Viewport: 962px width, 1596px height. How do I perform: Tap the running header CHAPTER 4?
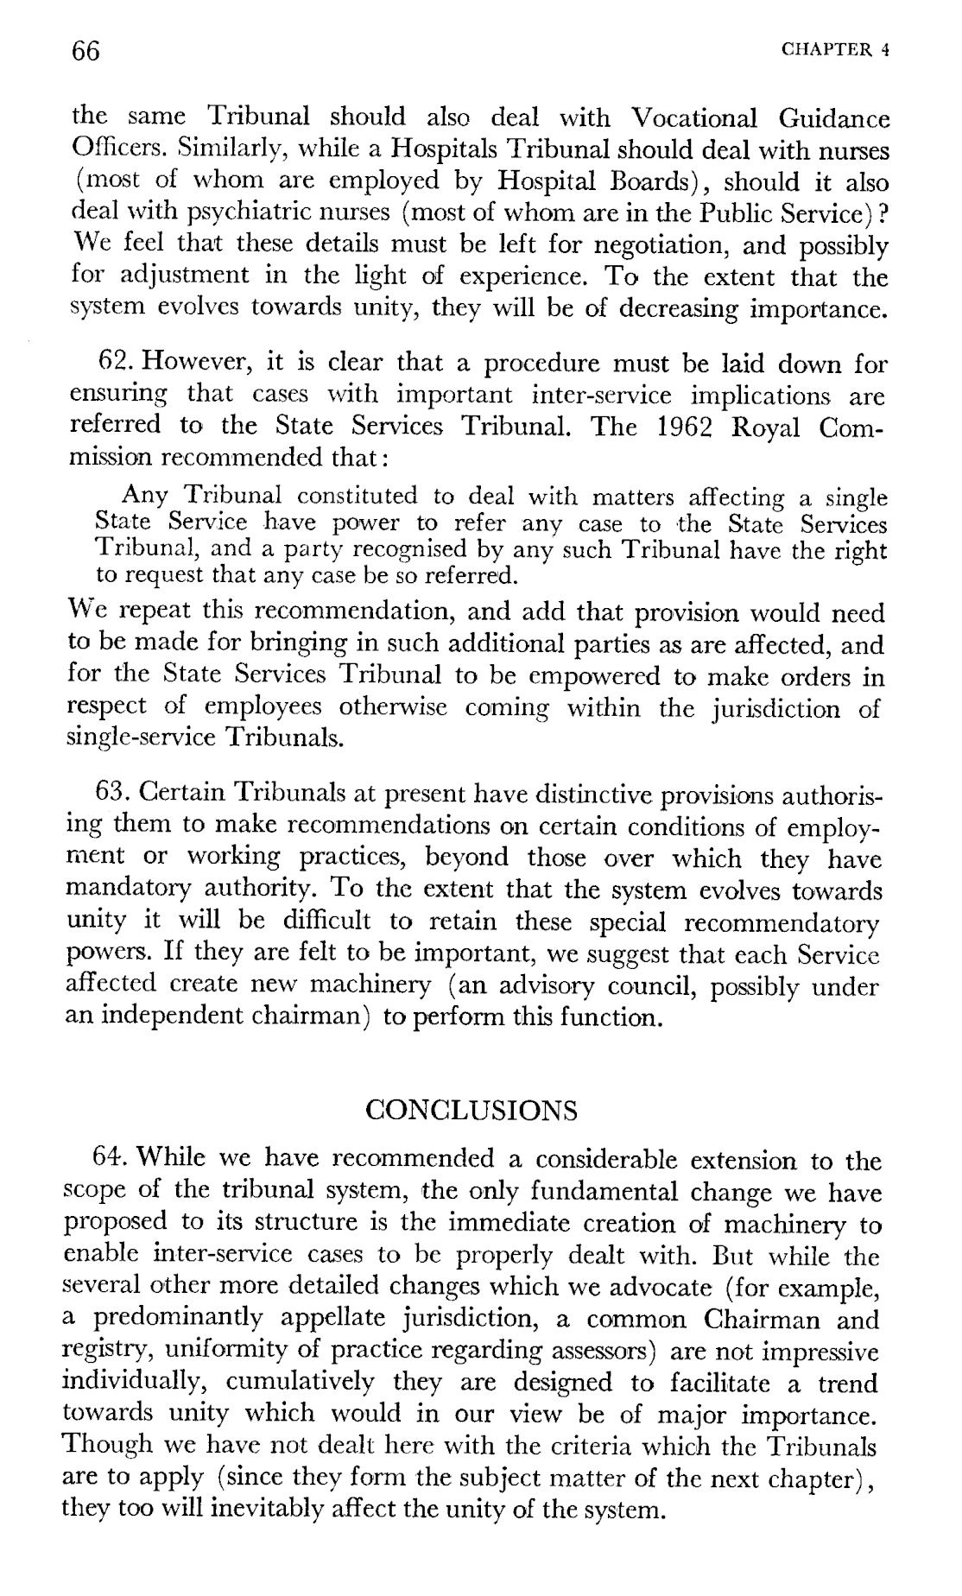834,50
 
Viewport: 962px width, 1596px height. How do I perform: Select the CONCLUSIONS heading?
472,1109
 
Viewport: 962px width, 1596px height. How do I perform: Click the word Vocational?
694,118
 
